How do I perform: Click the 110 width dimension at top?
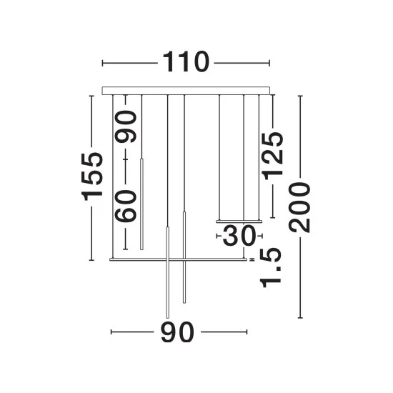pyautogui.click(x=186, y=62)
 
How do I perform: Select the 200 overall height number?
pyautogui.click(x=299, y=207)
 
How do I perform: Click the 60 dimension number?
pyautogui.click(x=126, y=207)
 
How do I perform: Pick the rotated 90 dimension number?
pyautogui.click(x=126, y=126)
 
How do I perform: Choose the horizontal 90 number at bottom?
pyautogui.click(x=177, y=332)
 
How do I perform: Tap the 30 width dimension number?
pyautogui.click(x=239, y=235)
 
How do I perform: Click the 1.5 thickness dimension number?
pyautogui.click(x=270, y=268)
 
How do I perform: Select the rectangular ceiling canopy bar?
pyautogui.click(x=186, y=91)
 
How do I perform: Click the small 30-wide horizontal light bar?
pyautogui.click(x=239, y=222)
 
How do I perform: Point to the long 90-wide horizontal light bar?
pyautogui.click(x=178, y=259)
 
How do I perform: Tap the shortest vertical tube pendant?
pyautogui.click(x=141, y=204)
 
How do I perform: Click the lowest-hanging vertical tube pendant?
pyautogui.click(x=168, y=272)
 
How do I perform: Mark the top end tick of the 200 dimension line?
pyautogui.click(x=300, y=96)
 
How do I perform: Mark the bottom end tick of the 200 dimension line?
pyautogui.click(x=300, y=318)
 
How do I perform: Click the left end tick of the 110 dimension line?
pyautogui.click(x=102, y=63)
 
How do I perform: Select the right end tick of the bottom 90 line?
pyautogui.click(x=247, y=332)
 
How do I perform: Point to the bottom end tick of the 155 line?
pyautogui.click(x=91, y=260)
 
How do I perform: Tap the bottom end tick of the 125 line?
pyautogui.click(x=273, y=218)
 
